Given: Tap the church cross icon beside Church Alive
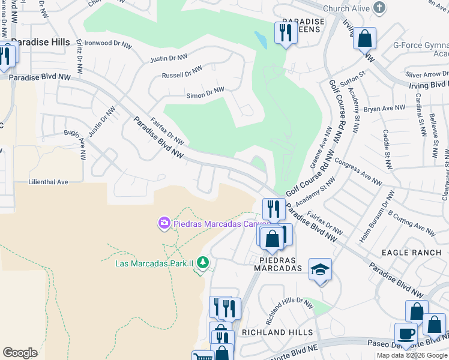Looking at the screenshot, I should tap(378, 8).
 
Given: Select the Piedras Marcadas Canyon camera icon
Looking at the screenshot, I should tap(164, 224).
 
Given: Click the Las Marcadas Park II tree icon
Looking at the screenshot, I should tap(203, 263).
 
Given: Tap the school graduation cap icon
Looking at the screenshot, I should tap(321, 270).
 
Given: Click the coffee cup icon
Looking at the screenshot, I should tap(406, 334).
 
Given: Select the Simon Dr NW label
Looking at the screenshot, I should tap(205, 93).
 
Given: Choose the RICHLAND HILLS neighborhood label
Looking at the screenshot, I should tap(277, 332).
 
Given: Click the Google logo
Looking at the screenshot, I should tap(20, 353).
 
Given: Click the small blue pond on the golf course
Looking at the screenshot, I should tap(260, 40).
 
